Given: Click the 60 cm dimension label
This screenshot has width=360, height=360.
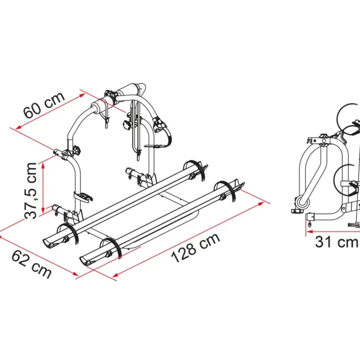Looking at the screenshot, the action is click(44, 105).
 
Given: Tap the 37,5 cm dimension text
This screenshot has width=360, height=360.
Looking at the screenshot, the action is click(31, 190).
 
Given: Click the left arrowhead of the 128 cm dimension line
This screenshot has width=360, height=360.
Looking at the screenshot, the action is click(115, 275).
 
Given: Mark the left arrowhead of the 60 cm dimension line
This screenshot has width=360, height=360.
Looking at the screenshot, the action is click(19, 127).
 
